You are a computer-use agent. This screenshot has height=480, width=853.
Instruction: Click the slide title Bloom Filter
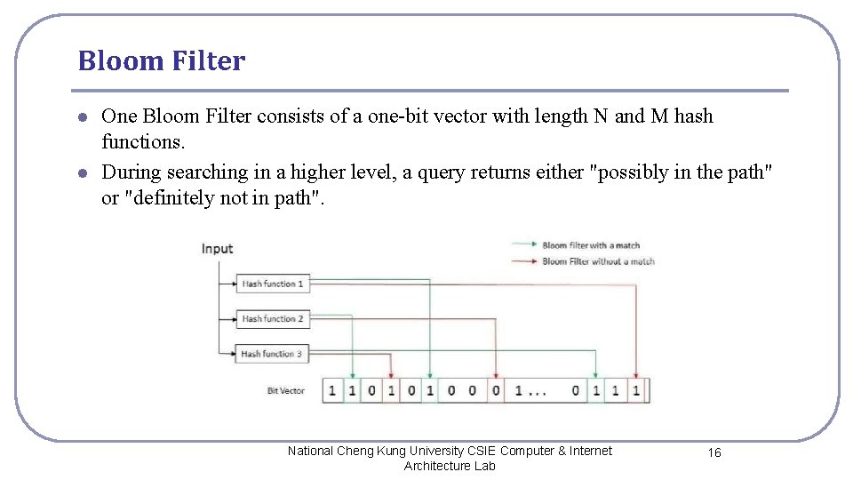[161, 61]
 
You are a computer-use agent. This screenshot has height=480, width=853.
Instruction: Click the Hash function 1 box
[272, 284]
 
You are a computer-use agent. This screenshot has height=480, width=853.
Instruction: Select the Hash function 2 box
[272, 319]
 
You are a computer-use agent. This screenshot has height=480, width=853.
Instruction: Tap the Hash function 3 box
[271, 354]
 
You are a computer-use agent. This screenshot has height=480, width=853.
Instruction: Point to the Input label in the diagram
[217, 249]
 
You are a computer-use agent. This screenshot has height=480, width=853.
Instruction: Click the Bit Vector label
[286, 391]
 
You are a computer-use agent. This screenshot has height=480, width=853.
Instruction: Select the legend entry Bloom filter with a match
[591, 245]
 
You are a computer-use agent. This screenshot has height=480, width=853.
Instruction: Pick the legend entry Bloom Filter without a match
[598, 261]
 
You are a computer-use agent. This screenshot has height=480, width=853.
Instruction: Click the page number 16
[714, 453]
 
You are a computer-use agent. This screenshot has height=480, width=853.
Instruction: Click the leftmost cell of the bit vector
[332, 390]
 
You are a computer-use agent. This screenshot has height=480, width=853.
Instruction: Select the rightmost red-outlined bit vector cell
[636, 390]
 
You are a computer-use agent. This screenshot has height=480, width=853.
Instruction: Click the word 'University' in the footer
[415, 451]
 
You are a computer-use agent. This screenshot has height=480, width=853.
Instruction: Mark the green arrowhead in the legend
[535, 245]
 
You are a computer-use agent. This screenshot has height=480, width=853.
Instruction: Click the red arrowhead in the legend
[535, 261]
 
